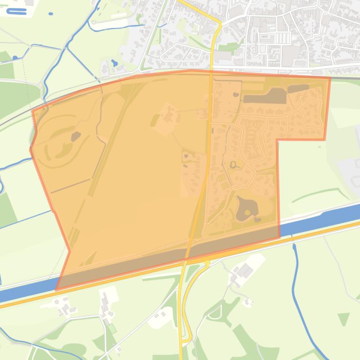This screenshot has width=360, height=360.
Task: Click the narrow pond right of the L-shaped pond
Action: [298, 88]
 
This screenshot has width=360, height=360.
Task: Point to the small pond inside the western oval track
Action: [75, 137]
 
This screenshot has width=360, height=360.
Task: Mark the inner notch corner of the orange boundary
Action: [277, 139]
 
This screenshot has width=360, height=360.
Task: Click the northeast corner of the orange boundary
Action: [330, 78]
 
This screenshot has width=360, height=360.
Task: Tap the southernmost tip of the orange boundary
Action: [57, 289]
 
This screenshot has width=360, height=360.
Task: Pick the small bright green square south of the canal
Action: [112, 328]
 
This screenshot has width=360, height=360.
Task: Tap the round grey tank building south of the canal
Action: [57, 302]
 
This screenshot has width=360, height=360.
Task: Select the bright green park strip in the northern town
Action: [229, 47]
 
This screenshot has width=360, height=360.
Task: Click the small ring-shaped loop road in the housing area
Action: [233, 164]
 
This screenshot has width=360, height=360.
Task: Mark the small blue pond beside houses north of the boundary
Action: [115, 63]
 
